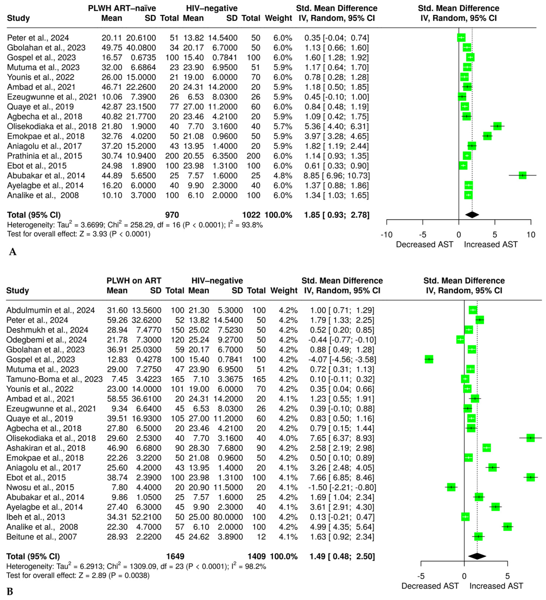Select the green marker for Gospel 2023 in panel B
click(429, 359)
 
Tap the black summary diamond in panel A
click(472, 215)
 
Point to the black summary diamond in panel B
click(477, 556)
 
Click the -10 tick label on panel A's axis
click(386, 235)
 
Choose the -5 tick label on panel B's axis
click(421, 576)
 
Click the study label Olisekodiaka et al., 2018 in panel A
click(52, 126)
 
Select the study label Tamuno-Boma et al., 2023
click(54, 379)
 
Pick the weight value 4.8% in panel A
click(283, 176)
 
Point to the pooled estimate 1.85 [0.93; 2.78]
click(337, 215)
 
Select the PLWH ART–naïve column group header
click(122, 8)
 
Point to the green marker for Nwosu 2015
click(451, 487)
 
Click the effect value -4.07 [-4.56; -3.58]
click(342, 359)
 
